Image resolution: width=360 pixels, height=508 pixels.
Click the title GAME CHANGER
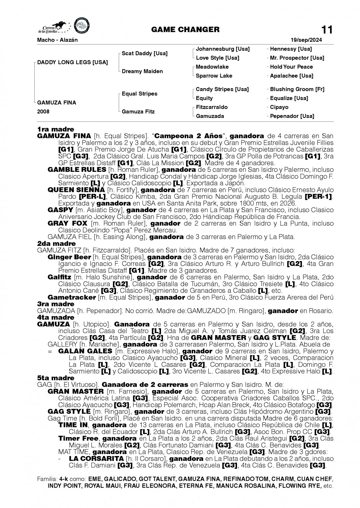pyautogui.click(x=185, y=30)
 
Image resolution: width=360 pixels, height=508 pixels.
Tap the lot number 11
pyautogui.click(x=327, y=30)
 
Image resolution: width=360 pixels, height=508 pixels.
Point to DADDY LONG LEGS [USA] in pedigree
pyautogui.click(x=73, y=62)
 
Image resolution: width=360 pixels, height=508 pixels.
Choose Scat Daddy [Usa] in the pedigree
pyautogui.click(x=145, y=53)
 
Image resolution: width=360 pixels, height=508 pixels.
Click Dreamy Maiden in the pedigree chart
pyautogui.click(x=142, y=71)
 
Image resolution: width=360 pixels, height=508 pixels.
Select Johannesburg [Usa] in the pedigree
pyautogui.click(x=223, y=49)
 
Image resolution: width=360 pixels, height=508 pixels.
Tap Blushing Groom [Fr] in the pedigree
pyautogui.click(x=297, y=89)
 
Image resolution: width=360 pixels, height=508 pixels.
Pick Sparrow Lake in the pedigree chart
pyautogui.click(x=214, y=76)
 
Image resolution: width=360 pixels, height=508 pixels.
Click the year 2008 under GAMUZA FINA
pyautogui.click(x=43, y=112)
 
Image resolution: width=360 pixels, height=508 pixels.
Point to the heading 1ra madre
pyautogui.click(x=56, y=129)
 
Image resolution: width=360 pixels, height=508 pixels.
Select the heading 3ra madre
pyautogui.click(x=56, y=304)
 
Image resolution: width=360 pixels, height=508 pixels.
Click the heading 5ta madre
pyautogui.click(x=56, y=378)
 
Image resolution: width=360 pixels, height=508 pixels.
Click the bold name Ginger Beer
pyautogui.click(x=69, y=257)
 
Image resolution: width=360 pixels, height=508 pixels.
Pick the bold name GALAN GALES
pyautogui.click(x=85, y=351)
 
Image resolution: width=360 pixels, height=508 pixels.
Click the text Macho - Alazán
pyautogui.click(x=57, y=40)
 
